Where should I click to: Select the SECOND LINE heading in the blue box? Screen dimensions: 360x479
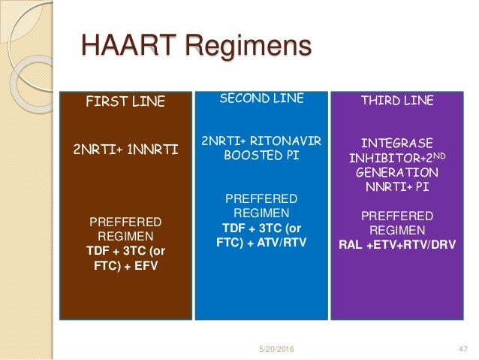pos(261,98)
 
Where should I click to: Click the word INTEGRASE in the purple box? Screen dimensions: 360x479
pos(397,142)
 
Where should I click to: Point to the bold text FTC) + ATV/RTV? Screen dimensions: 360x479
pos(261,242)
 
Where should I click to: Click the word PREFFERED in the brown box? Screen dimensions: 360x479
pos(125,222)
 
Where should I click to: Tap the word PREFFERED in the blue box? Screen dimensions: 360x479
pos(261,200)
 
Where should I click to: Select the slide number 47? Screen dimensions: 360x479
pos(462,347)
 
